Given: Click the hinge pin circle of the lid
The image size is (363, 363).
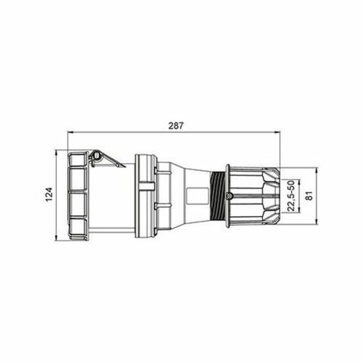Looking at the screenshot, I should pyautogui.click(x=95, y=157).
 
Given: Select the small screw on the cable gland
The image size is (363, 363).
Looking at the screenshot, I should pyautogui.click(x=229, y=196).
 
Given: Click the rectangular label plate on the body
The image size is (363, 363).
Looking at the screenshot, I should pyautogui.click(x=196, y=196).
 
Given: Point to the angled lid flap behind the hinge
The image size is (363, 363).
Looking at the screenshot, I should pyautogui.click(x=112, y=160).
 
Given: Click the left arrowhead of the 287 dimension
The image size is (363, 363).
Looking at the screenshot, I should pyautogui.click(x=71, y=132).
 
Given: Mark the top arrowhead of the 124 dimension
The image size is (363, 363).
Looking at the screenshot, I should pyautogui.click(x=57, y=152).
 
